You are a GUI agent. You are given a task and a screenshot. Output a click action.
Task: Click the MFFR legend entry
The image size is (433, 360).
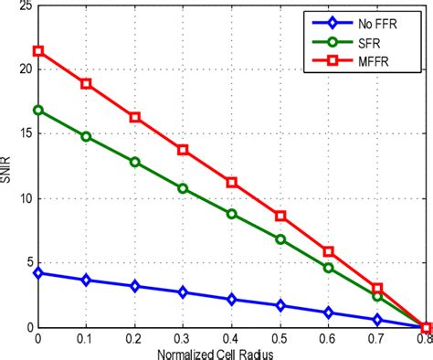(x=385, y=60)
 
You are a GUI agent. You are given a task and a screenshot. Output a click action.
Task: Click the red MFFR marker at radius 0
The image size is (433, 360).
(x=37, y=51)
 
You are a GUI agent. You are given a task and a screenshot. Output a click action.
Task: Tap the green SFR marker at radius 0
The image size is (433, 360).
(x=37, y=110)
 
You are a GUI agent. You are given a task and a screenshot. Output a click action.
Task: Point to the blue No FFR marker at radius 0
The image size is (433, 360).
(x=37, y=272)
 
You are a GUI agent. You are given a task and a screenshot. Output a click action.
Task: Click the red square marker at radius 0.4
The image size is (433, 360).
(x=232, y=182)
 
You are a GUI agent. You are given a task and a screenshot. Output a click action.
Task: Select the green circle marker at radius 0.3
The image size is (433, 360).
(x=183, y=188)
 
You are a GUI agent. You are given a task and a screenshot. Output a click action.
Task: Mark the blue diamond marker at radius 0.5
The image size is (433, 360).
(x=280, y=305)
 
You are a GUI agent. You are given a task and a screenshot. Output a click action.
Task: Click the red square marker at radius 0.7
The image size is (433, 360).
(x=377, y=288)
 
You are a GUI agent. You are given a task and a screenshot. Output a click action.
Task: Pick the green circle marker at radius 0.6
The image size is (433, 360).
(x=329, y=268)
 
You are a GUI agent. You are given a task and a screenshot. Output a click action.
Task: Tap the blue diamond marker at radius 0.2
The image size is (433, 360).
(x=134, y=286)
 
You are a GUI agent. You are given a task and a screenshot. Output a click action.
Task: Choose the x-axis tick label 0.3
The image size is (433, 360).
(x=183, y=339)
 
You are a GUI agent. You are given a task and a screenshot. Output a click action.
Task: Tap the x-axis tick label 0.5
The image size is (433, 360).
(x=280, y=339)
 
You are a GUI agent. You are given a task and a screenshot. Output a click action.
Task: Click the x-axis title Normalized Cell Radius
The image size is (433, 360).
(x=232, y=353)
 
